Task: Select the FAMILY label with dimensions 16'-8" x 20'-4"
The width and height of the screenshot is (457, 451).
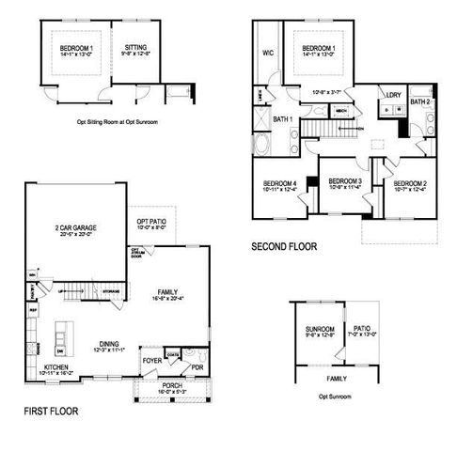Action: click(168, 293)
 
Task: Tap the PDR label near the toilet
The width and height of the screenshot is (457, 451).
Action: click(197, 368)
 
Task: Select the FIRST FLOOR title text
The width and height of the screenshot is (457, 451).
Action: click(51, 412)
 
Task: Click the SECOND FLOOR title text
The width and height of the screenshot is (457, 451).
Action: click(283, 247)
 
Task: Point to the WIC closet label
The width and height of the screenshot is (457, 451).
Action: click(268, 54)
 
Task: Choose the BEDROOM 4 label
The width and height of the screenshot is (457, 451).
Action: click(279, 183)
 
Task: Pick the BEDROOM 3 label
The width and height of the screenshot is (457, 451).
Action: click(345, 181)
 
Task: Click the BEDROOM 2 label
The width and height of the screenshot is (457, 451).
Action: click(410, 183)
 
